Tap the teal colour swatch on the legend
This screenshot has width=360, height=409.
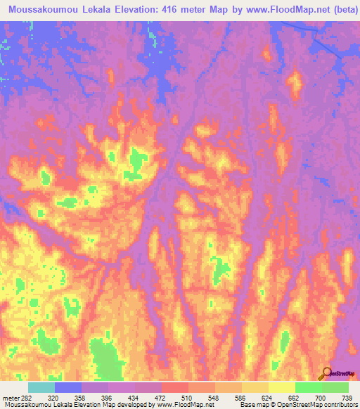(x=41, y=387)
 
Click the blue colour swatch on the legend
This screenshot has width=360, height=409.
(x=67, y=387)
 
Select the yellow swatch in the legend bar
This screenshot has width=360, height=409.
(x=281, y=387)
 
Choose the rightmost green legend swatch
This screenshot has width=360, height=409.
(x=335, y=387)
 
